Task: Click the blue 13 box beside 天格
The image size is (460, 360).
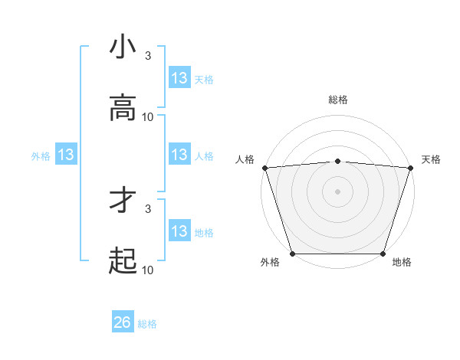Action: click(x=179, y=77)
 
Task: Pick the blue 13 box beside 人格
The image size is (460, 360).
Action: click(x=179, y=155)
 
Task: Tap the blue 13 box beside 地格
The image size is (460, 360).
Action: click(x=179, y=231)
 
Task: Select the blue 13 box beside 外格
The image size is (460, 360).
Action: click(x=66, y=155)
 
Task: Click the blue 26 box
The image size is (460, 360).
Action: click(x=123, y=322)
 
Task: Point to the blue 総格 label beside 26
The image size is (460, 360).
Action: click(x=147, y=324)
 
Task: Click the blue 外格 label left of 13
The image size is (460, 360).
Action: click(x=41, y=155)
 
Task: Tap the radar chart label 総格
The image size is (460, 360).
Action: click(x=338, y=100)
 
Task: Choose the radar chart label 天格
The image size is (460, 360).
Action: click(x=432, y=159)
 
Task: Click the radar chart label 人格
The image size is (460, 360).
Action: click(x=245, y=159)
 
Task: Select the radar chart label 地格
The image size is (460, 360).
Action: click(x=402, y=263)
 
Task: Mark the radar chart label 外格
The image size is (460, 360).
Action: click(x=270, y=263)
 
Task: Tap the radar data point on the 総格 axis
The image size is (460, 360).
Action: click(x=338, y=161)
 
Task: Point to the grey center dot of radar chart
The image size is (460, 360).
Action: click(x=338, y=191)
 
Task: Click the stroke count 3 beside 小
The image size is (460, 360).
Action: click(x=148, y=56)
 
